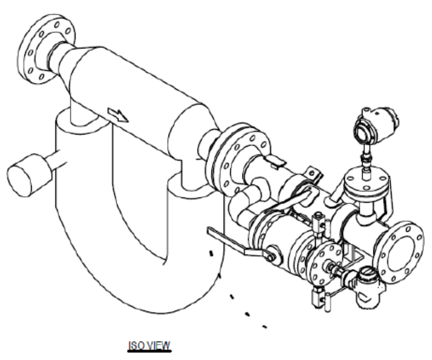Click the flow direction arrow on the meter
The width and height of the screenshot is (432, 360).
pyautogui.click(x=118, y=115)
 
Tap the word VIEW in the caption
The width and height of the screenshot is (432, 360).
pyautogui.click(x=159, y=346)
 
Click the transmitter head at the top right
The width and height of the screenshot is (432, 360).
pyautogui.click(x=376, y=125)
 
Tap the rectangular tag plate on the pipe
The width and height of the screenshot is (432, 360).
pyautogui.click(x=276, y=161)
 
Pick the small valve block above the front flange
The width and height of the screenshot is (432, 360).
pyautogui.click(x=319, y=224)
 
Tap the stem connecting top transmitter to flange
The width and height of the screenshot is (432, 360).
pyautogui.click(x=366, y=157)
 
